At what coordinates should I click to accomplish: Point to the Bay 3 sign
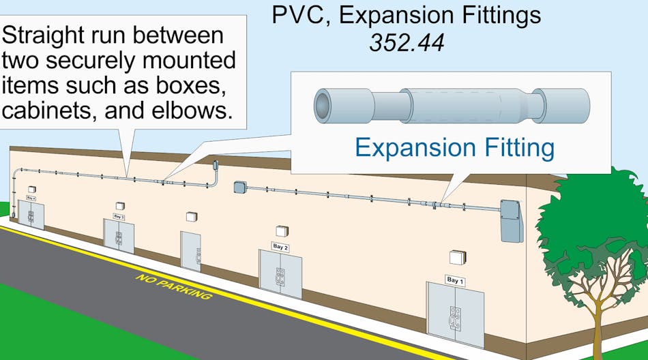(119, 217)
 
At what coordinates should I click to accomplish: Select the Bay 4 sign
(30, 197)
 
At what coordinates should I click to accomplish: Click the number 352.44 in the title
(407, 43)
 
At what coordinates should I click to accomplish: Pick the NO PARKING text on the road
(173, 287)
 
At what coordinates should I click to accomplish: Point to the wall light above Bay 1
(457, 257)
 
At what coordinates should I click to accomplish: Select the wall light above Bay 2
(282, 231)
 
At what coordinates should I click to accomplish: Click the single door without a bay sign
(191, 252)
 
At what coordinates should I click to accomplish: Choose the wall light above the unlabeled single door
(192, 216)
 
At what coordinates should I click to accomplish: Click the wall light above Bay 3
(120, 205)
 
